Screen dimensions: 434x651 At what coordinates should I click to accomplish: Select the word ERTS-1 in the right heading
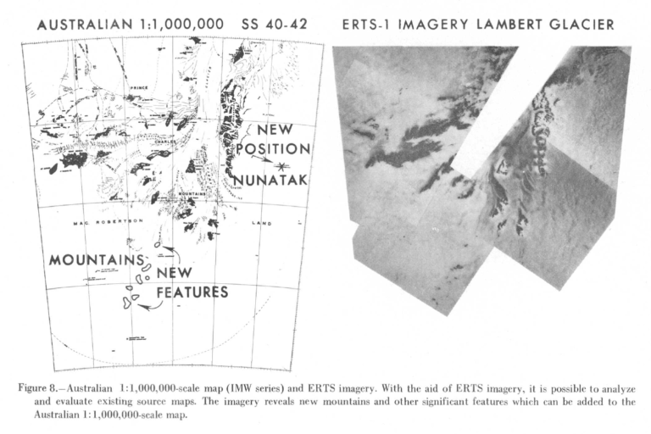pyautogui.click(x=370, y=25)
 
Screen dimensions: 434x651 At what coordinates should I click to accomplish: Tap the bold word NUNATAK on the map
pyautogui.click(x=271, y=181)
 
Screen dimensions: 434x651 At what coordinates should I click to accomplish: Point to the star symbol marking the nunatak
pyautogui.click(x=281, y=164)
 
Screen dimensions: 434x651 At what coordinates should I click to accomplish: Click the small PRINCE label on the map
pyautogui.click(x=138, y=87)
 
